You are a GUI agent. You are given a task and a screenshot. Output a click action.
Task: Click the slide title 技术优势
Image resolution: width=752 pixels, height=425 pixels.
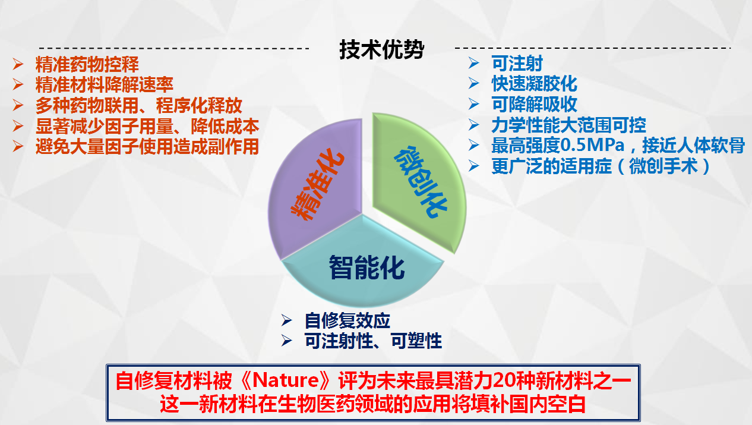pos(382,49)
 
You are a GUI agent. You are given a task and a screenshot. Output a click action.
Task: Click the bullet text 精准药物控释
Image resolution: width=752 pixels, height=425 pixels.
pos(87,64)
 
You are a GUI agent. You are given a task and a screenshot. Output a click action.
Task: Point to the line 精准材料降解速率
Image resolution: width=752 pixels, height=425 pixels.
pos(105,84)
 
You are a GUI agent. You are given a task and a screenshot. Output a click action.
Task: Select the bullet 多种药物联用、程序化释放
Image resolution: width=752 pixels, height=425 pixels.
pos(138,105)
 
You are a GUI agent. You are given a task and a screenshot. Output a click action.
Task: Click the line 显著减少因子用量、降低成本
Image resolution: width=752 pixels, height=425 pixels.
pos(147,126)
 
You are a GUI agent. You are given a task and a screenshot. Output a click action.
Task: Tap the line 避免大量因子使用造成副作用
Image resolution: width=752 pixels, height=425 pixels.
pos(147,146)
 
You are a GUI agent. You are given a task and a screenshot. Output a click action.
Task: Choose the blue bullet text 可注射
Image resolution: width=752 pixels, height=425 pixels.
pos(517,63)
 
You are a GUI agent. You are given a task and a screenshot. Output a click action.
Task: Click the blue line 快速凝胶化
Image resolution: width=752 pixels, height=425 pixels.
pos(534,84)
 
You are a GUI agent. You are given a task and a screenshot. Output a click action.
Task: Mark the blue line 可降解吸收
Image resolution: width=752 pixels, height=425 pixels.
pos(534,104)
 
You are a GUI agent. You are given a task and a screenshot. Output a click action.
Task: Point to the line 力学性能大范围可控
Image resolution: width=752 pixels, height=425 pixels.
pos(568,125)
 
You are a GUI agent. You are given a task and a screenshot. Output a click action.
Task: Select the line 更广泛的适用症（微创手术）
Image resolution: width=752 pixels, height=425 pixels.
pos(601,166)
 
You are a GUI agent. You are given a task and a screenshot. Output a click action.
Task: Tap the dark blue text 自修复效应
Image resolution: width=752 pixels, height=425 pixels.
pos(347,320)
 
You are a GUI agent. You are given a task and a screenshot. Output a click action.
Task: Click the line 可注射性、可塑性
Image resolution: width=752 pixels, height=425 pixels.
pos(373,341)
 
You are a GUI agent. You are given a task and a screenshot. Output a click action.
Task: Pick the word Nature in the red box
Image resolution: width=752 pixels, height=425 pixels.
pos(285,380)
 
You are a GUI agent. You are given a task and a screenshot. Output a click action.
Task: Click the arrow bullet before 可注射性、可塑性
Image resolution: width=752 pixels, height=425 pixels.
pos(286,341)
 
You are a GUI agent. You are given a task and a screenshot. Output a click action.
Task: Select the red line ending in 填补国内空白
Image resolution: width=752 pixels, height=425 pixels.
pos(372,404)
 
